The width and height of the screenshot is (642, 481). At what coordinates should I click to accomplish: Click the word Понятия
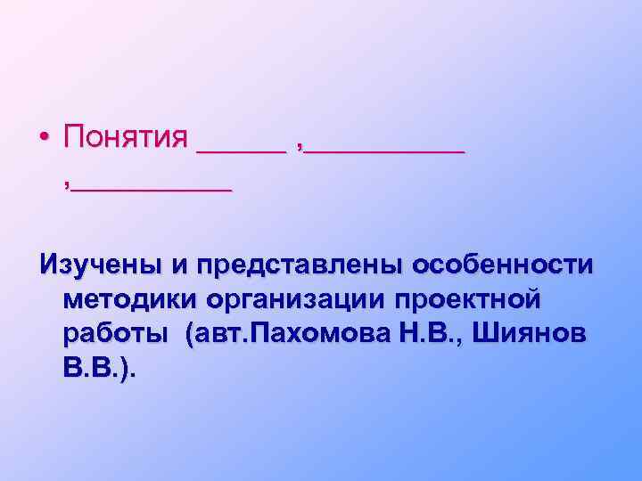[126, 139]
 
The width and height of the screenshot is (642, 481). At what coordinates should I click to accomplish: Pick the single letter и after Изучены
[177, 265]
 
